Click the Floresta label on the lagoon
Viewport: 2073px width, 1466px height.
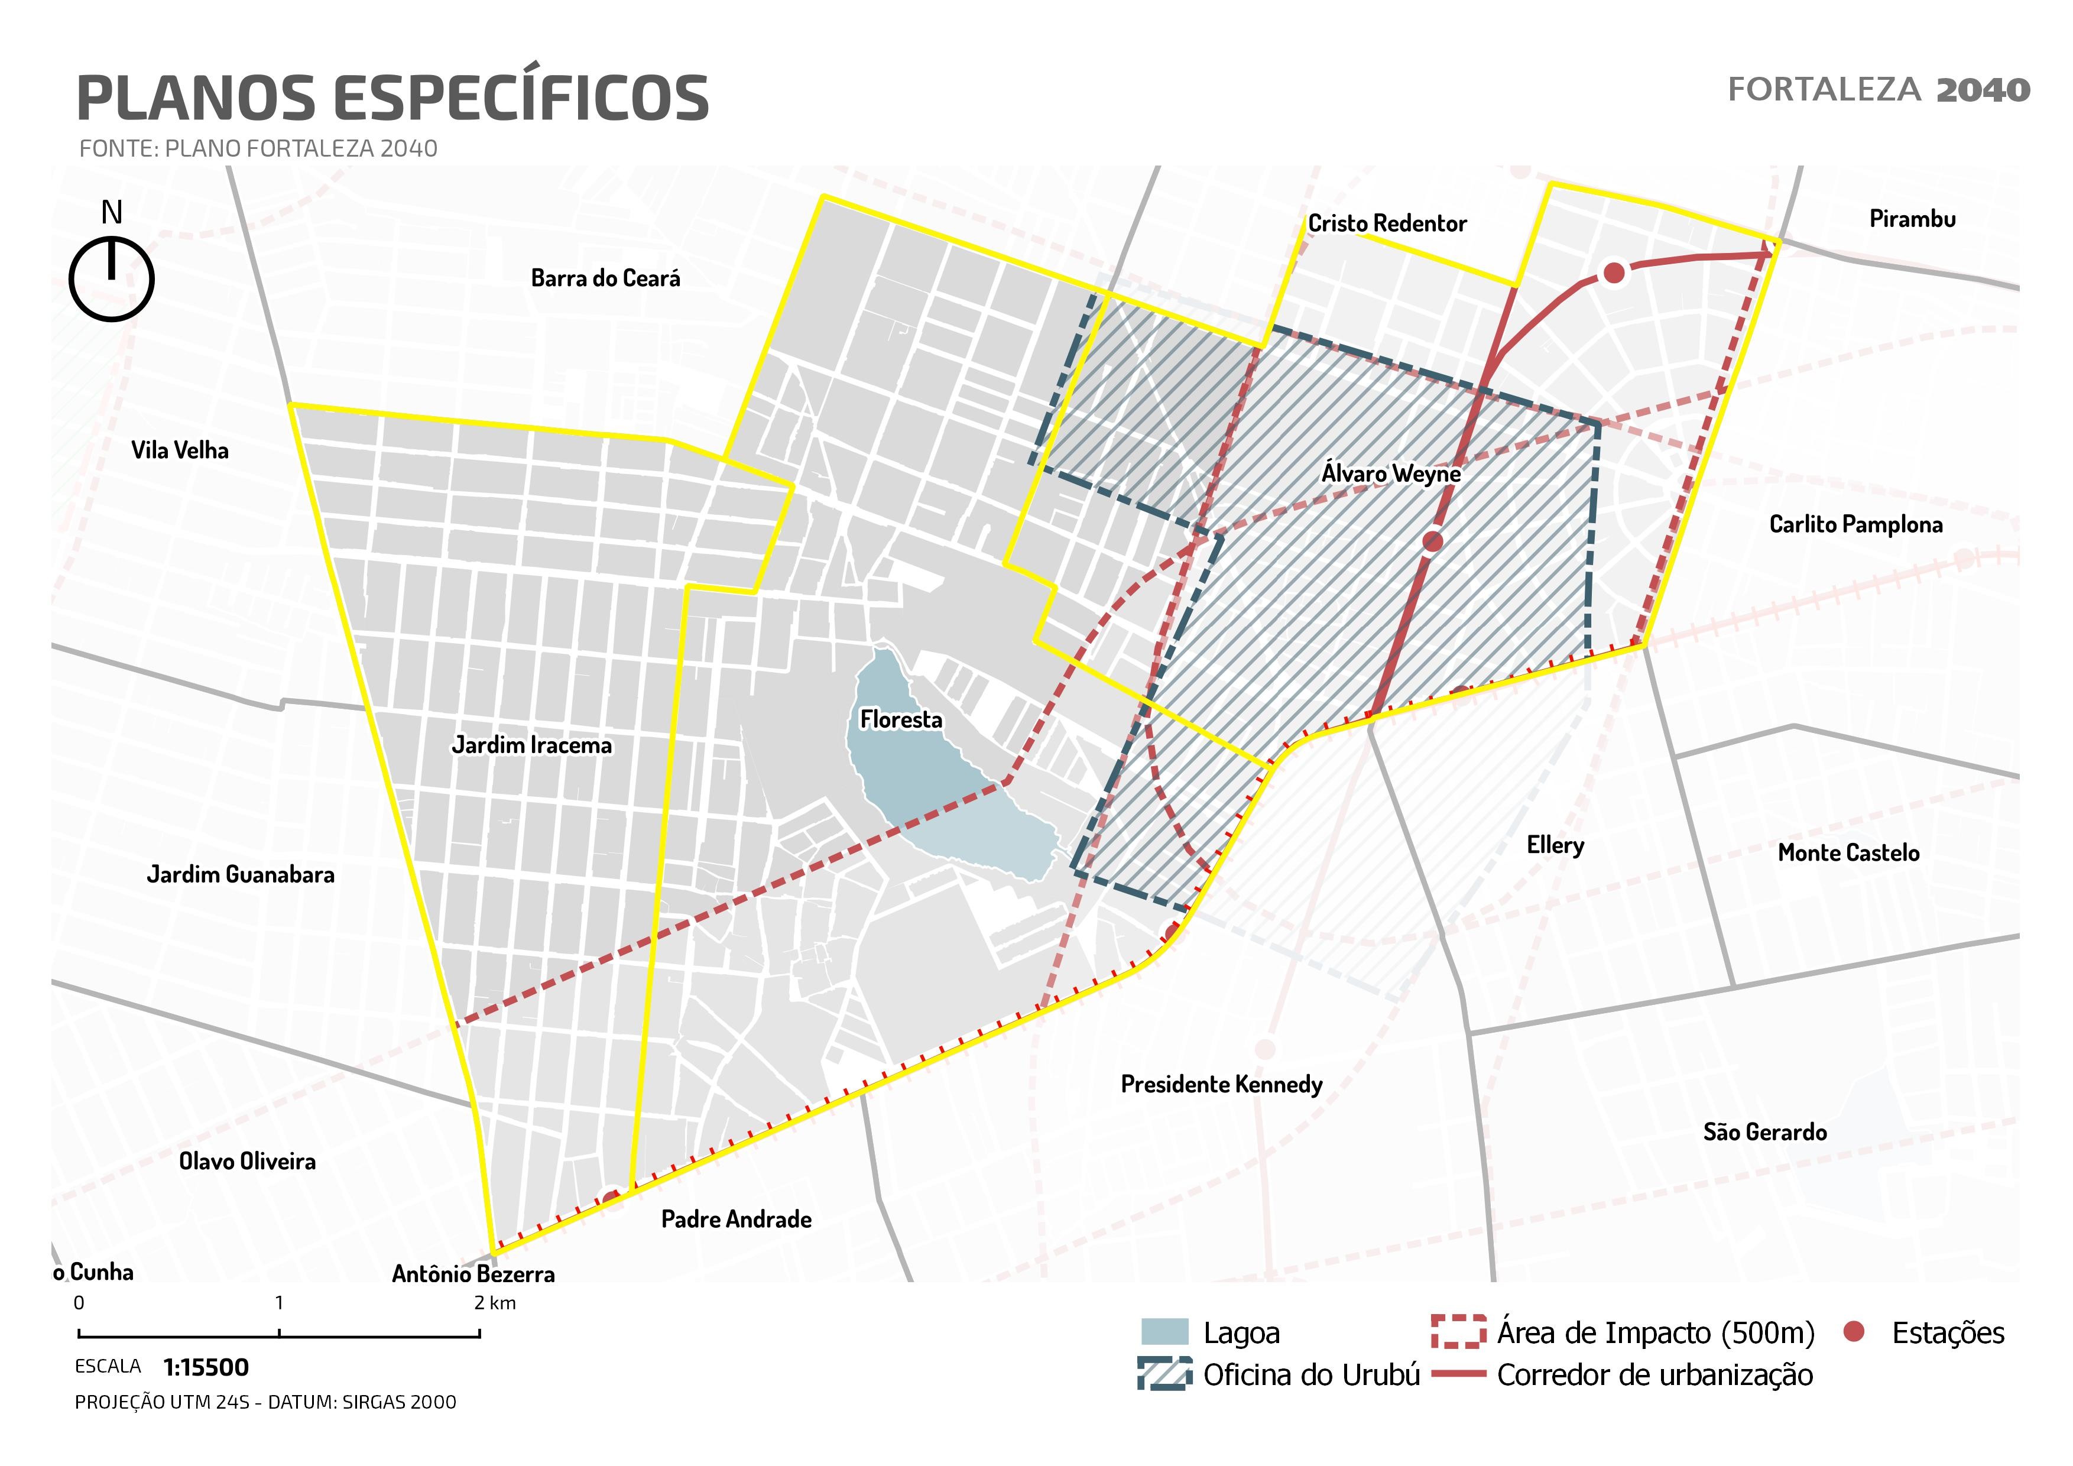900,719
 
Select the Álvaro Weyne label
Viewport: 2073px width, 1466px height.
1390,473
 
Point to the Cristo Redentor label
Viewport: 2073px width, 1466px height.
1387,223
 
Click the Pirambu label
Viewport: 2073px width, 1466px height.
1912,219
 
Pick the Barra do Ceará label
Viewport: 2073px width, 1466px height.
605,278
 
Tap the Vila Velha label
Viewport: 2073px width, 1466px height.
180,450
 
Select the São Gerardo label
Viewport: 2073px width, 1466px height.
1764,1132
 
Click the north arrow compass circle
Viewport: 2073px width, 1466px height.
112,279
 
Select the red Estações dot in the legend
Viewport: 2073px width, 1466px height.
1854,1331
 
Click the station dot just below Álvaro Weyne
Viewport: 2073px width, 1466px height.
1433,541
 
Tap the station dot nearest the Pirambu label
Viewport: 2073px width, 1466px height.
1614,272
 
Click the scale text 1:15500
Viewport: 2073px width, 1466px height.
206,1368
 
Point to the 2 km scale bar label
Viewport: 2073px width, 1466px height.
495,1303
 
